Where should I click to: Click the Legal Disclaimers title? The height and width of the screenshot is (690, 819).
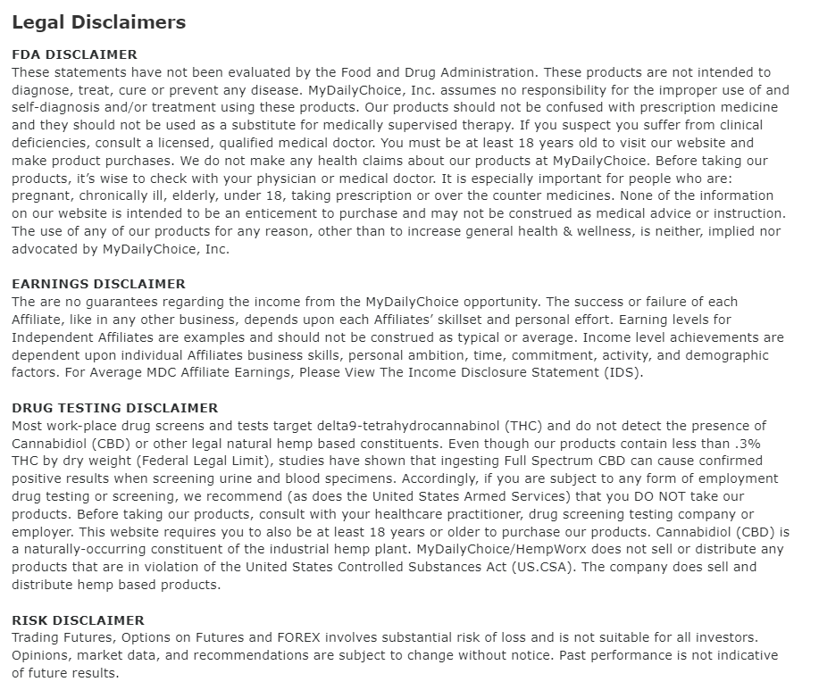click(x=98, y=22)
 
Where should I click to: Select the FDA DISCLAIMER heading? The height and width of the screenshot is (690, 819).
click(x=74, y=54)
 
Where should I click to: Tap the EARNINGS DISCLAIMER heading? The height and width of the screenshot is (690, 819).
click(x=98, y=284)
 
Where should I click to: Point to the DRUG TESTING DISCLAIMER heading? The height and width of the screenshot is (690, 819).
click(x=114, y=408)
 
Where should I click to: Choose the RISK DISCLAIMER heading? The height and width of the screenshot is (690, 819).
click(x=78, y=619)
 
